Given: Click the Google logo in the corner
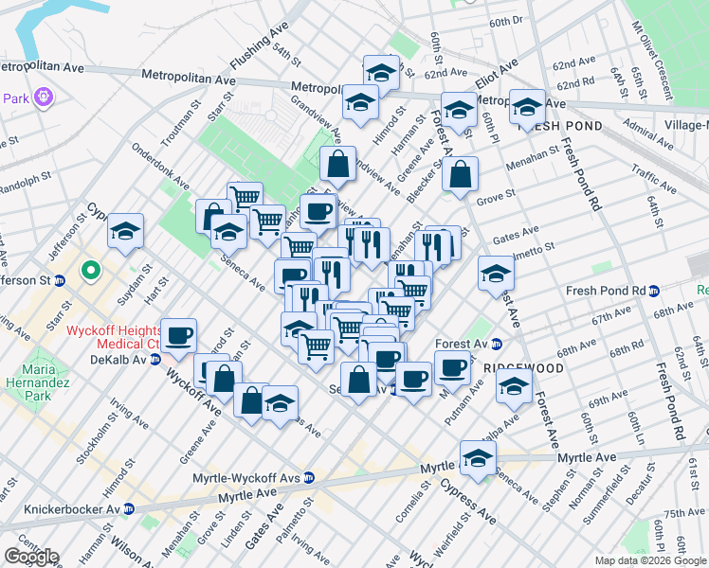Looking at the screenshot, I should pyautogui.click(x=30, y=557).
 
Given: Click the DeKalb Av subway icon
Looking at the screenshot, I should pyautogui.click(x=155, y=361).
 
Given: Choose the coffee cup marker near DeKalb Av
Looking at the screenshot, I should pyautogui.click(x=178, y=335).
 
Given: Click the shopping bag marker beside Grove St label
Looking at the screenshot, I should pyautogui.click(x=460, y=175).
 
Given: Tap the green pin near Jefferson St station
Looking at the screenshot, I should pyautogui.click(x=91, y=272).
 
